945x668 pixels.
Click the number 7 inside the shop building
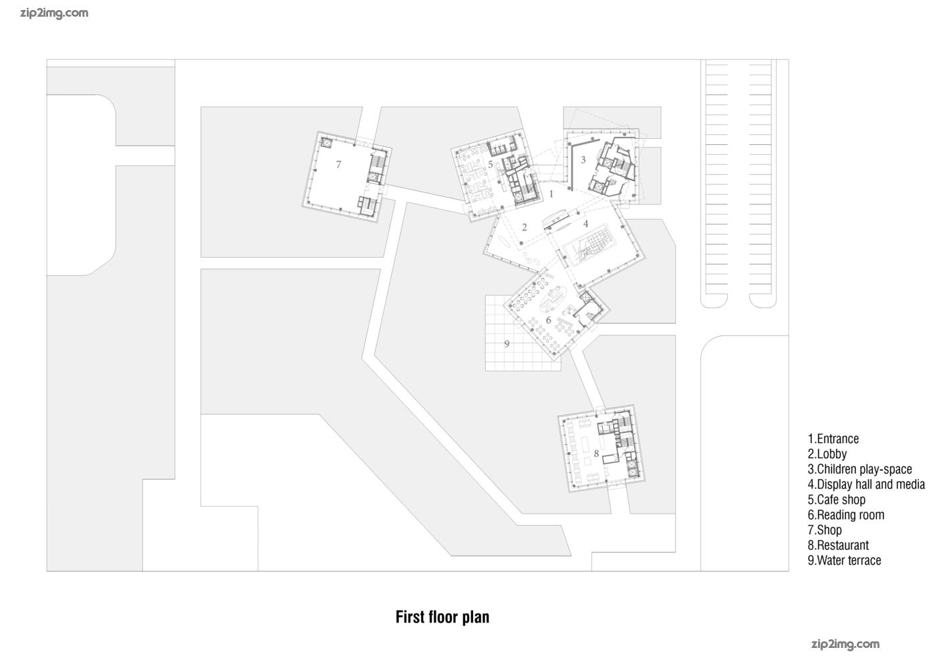pyautogui.click(x=338, y=164)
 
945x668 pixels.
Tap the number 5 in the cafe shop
pyautogui.click(x=491, y=164)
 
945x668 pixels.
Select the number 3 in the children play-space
pyautogui.click(x=583, y=160)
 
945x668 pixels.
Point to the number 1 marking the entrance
pyautogui.click(x=551, y=194)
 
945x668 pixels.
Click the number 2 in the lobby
pyautogui.click(x=525, y=227)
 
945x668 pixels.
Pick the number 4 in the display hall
pyautogui.click(x=585, y=224)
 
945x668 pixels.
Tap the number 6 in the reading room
pyautogui.click(x=549, y=320)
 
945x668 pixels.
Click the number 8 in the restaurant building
pyautogui.click(x=596, y=454)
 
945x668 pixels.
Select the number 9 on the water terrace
pyautogui.click(x=507, y=344)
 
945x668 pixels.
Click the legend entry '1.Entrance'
pyautogui.click(x=833, y=439)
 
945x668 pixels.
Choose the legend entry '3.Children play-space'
pyautogui.click(x=859, y=470)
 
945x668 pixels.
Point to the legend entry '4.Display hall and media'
pyautogui.click(x=866, y=484)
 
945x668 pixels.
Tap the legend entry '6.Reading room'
pyautogui.click(x=846, y=515)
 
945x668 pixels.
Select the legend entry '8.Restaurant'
pyautogui.click(x=838, y=545)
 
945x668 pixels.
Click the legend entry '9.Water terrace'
pyautogui.click(x=844, y=560)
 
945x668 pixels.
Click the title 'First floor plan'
pyautogui.click(x=442, y=617)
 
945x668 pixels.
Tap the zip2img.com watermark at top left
pyautogui.click(x=54, y=13)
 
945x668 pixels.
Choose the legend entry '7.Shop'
pyautogui.click(x=824, y=530)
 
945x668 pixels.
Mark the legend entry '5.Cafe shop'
pyautogui.click(x=836, y=500)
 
